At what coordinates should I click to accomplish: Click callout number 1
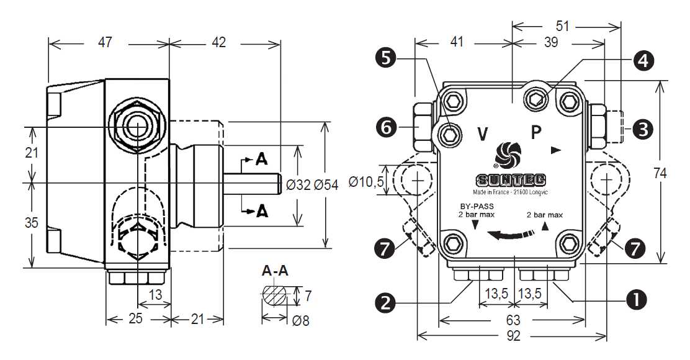[636, 300]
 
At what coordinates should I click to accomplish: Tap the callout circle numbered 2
[385, 303]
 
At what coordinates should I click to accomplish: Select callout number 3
[643, 129]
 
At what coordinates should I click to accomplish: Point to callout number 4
[643, 60]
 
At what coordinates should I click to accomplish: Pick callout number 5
[385, 58]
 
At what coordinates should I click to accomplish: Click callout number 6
[385, 128]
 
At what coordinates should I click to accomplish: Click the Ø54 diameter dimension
[326, 184]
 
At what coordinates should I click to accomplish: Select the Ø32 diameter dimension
[298, 184]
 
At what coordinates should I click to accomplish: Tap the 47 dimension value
[105, 43]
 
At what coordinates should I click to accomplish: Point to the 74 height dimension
[660, 173]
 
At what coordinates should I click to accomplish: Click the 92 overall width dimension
[513, 336]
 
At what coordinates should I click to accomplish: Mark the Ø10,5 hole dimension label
[366, 181]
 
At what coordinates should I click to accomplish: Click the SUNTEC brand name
[511, 180]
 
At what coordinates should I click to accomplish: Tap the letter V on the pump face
[483, 133]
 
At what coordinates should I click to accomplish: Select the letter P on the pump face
[535, 132]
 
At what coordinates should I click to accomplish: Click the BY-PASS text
[477, 206]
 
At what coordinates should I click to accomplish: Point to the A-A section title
[275, 271]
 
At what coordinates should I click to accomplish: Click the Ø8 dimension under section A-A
[300, 320]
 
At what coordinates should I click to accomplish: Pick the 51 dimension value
[562, 27]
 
